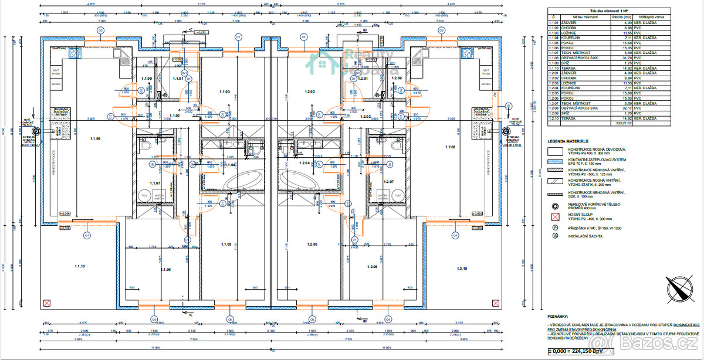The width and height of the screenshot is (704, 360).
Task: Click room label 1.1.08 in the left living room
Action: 95,138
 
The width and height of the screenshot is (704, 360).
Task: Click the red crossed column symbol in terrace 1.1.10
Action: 46,303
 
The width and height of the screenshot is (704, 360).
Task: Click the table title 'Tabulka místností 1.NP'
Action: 592,11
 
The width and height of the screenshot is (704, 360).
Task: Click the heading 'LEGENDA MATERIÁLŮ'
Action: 568,141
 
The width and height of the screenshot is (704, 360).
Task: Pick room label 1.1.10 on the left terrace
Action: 80,266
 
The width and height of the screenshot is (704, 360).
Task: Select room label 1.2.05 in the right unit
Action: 311,244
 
